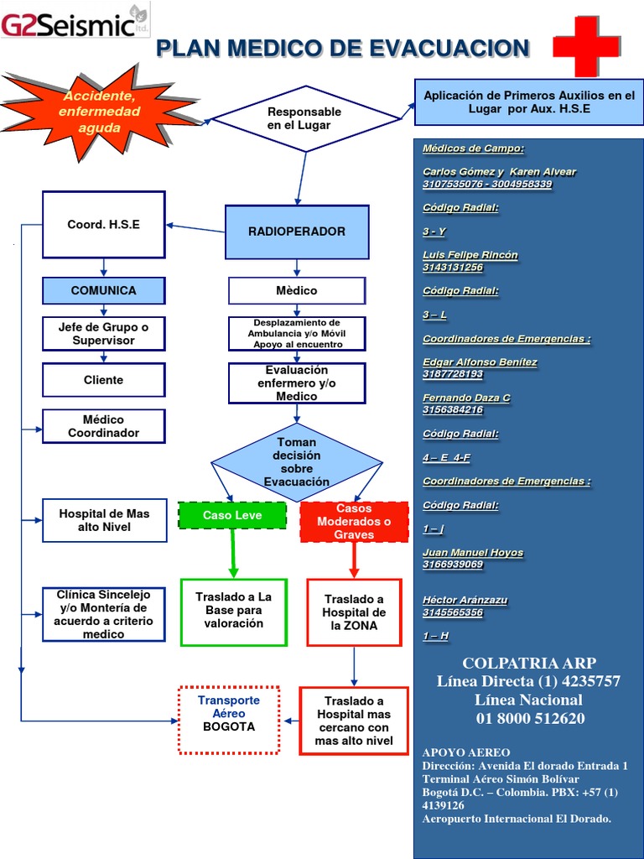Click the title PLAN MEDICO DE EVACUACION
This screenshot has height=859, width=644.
[343, 49]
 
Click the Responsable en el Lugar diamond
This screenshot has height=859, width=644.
[304, 118]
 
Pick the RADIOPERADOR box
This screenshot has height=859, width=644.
[297, 232]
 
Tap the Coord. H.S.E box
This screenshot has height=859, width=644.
[104, 225]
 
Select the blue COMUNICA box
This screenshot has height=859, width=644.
[104, 290]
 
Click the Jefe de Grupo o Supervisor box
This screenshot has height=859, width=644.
[104, 334]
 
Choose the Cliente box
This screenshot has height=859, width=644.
[104, 380]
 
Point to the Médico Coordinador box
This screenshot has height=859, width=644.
[104, 426]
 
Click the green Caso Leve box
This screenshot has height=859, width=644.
[232, 515]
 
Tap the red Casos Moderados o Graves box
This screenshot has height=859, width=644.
[354, 522]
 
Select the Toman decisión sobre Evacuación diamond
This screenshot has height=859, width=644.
[297, 462]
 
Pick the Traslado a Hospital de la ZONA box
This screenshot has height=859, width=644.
[354, 612]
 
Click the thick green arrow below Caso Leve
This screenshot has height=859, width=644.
[233, 551]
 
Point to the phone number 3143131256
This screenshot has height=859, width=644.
[453, 268]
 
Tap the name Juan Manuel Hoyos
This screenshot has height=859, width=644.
[473, 553]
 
